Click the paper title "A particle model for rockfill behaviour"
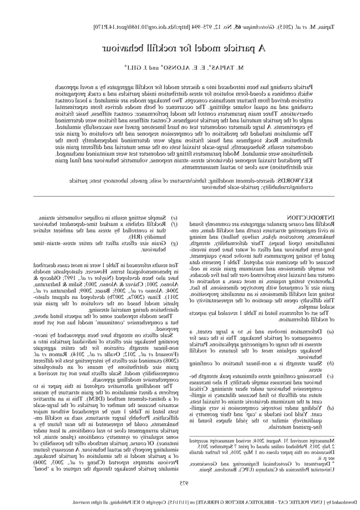[x=180, y=48]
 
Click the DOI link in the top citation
[x=139, y=27]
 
